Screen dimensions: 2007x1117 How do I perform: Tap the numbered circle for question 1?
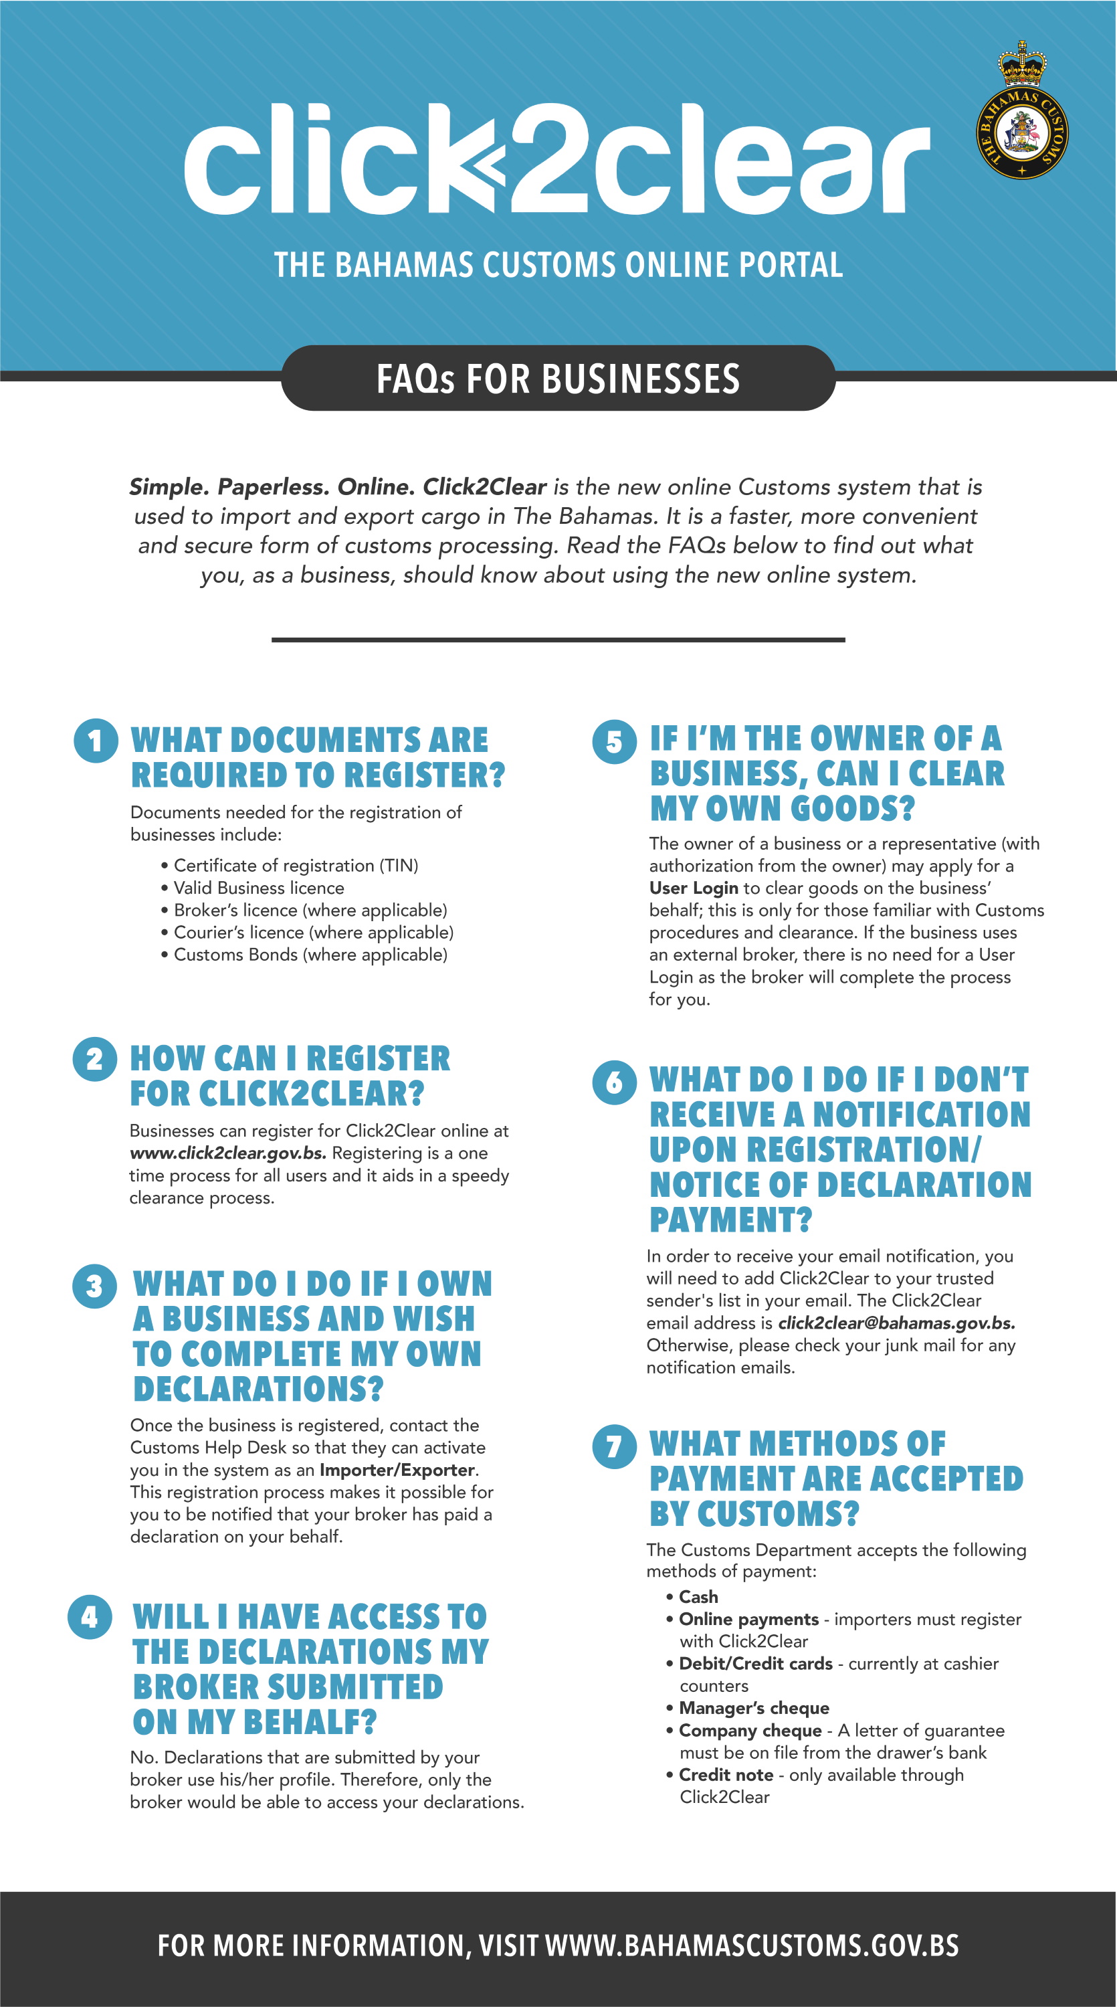click(x=95, y=741)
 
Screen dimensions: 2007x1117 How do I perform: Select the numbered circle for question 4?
click(x=90, y=1617)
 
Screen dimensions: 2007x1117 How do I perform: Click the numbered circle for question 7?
click(x=614, y=1446)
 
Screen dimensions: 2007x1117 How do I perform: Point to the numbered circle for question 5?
click(x=614, y=741)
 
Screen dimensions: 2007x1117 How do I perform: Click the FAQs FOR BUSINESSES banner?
click(x=558, y=379)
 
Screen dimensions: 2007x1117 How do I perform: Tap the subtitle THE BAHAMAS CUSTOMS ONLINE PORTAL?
click(x=558, y=266)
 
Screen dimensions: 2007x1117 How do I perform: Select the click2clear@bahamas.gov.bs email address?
click(x=896, y=1323)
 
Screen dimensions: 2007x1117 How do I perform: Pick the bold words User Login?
click(x=693, y=888)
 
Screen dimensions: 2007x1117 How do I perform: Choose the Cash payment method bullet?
click(x=698, y=1597)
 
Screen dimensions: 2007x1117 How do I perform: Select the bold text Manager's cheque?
click(x=753, y=1708)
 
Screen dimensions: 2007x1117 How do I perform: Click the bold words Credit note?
click(x=725, y=1775)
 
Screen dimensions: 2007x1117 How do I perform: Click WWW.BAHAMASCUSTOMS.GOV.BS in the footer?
click(x=752, y=1946)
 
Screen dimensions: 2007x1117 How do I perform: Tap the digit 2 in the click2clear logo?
click(x=550, y=160)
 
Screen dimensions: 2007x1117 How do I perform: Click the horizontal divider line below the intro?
click(x=558, y=640)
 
